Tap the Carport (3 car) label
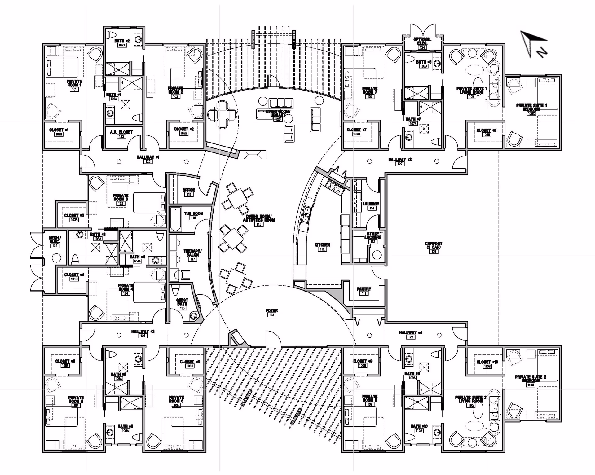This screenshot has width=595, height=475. (434, 246)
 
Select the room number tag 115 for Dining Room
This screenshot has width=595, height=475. (259, 224)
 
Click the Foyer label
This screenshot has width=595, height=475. (271, 310)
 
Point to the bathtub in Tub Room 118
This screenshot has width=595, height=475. (175, 219)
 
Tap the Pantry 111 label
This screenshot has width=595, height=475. (364, 289)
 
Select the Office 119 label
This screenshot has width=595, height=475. (189, 190)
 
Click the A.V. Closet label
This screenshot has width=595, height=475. (121, 132)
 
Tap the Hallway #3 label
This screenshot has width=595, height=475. (400, 160)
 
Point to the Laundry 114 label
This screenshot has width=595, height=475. (371, 204)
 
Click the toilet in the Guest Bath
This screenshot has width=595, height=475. (175, 290)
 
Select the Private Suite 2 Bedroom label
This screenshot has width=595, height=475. (531, 379)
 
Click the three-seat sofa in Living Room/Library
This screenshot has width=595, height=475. (281, 103)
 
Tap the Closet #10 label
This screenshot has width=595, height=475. (487, 362)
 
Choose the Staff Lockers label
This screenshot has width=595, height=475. (372, 235)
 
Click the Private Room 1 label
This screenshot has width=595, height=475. (74, 83)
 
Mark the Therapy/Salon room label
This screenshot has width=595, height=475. (192, 253)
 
